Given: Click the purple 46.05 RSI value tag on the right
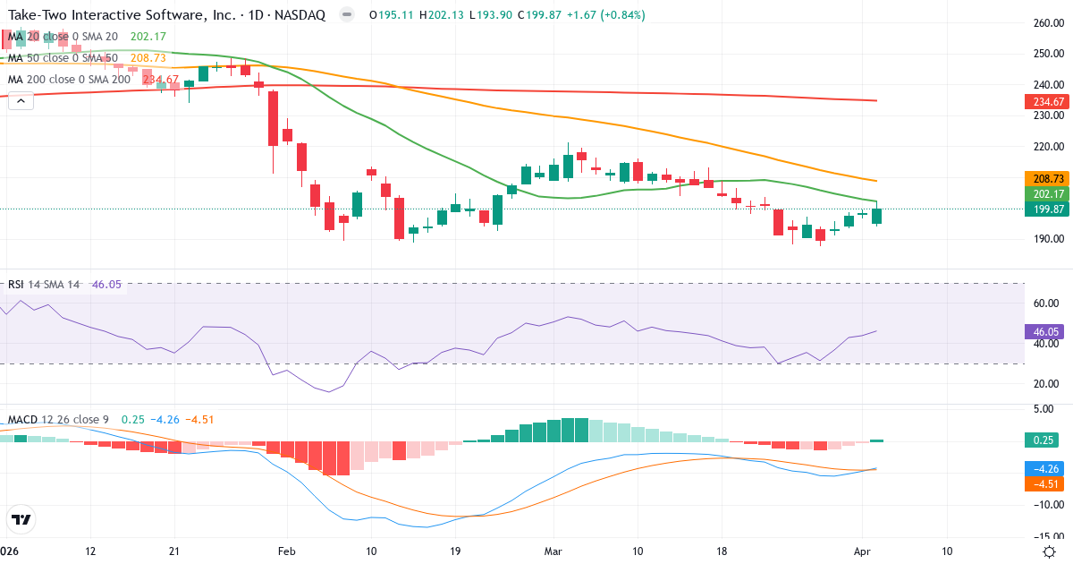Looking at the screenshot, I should tap(1042, 331).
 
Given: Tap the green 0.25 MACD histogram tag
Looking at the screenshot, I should tap(1042, 440).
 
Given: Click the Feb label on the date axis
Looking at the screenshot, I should tap(286, 551).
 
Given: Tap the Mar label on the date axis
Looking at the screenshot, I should tap(554, 551).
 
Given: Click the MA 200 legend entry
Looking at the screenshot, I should tap(69, 80).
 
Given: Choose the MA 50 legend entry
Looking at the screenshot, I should tap(63, 58).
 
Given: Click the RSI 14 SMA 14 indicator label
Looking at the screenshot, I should tap(44, 285).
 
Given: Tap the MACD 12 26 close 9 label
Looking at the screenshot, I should tap(60, 419).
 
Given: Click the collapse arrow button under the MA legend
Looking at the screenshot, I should tap(20, 101).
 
